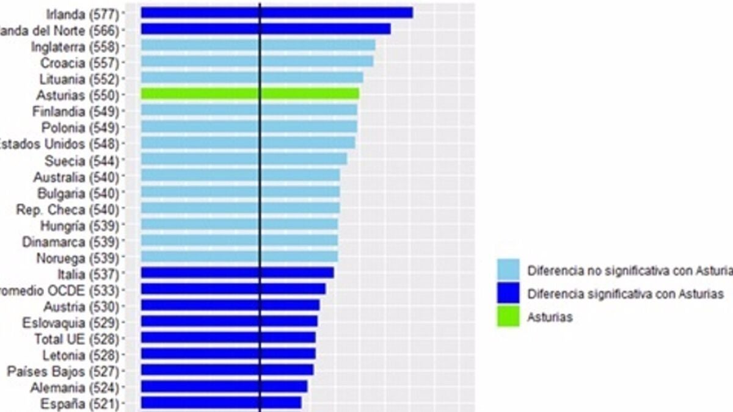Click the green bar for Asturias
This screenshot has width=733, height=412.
click(x=250, y=93)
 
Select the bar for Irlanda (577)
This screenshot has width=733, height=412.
click(x=277, y=13)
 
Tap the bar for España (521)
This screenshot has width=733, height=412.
click(x=221, y=403)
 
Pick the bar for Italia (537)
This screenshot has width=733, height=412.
click(x=237, y=273)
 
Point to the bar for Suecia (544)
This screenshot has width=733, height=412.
click(x=244, y=159)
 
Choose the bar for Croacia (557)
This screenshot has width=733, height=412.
click(x=257, y=61)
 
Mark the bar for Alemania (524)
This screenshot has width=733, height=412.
click(x=224, y=386)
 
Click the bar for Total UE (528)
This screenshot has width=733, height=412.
click(x=228, y=338)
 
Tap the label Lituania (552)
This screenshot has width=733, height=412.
click(x=79, y=79)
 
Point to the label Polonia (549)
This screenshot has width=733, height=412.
click(x=80, y=128)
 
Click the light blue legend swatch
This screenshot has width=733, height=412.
click(x=508, y=269)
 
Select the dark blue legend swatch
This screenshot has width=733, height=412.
click(x=508, y=294)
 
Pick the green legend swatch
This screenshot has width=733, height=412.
click(x=508, y=317)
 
